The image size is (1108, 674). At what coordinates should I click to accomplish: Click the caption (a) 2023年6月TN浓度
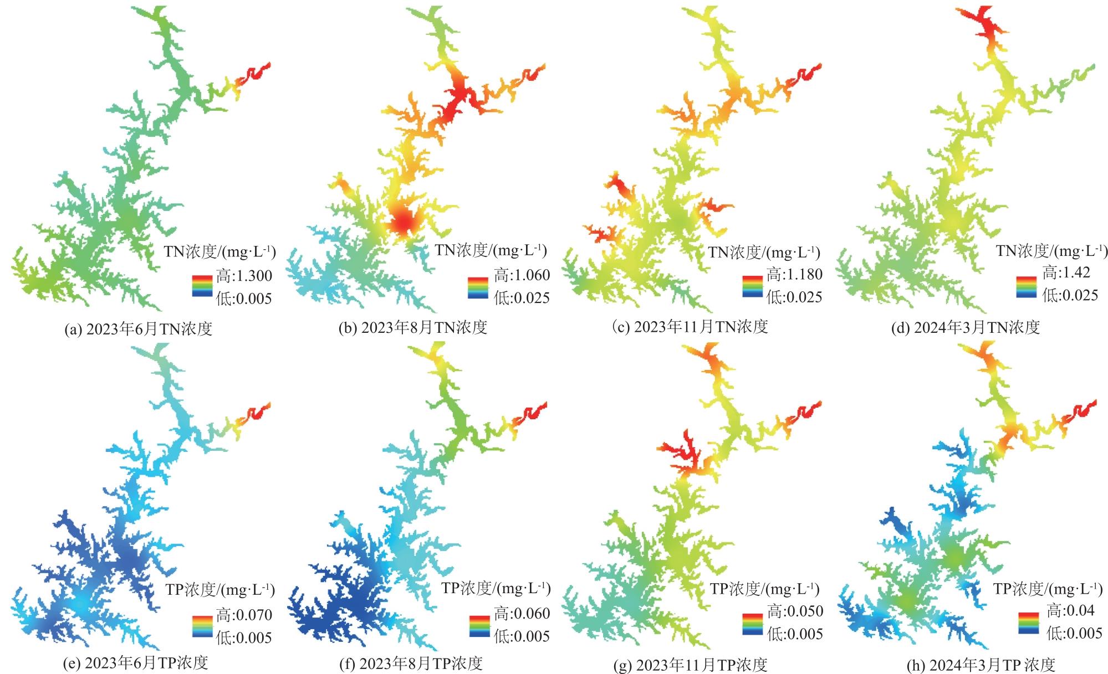coord(139,329)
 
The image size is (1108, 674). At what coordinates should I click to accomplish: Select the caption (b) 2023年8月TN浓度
coord(413,327)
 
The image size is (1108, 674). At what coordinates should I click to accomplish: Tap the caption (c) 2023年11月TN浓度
coord(690,327)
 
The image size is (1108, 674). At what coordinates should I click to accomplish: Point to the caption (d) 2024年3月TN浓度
coord(965,327)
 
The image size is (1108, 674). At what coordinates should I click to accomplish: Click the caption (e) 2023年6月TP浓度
coord(136,662)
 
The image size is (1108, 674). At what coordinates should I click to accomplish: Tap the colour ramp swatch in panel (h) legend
coord(1029,622)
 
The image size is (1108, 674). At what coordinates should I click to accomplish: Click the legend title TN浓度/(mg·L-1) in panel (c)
coord(764,253)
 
